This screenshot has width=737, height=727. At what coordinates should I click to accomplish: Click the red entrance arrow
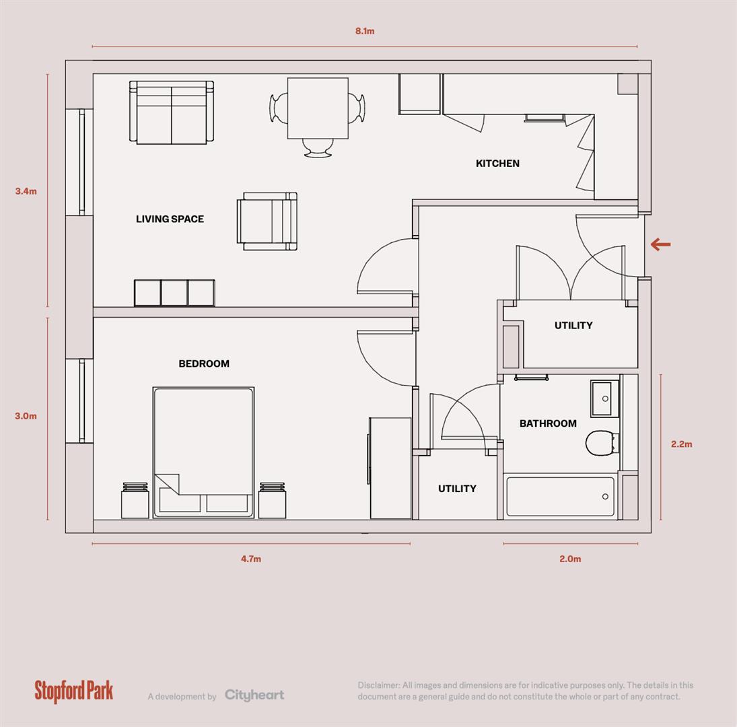(661, 244)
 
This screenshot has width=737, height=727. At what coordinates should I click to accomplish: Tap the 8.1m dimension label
(365, 31)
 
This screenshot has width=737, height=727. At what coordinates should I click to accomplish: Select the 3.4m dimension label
(26, 191)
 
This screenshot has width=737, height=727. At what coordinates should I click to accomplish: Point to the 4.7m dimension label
(251, 559)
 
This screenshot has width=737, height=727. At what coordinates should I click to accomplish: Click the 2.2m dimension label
(681, 444)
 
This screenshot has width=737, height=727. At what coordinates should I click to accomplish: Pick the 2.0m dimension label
(570, 559)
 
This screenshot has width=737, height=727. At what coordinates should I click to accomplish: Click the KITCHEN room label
(497, 164)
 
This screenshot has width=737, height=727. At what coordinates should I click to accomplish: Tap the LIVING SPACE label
(170, 219)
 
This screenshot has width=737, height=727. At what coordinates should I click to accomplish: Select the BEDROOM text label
(203, 363)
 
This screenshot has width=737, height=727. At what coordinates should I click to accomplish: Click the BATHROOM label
(548, 423)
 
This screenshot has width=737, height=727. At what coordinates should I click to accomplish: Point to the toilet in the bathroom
(600, 444)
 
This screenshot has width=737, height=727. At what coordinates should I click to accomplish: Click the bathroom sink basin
(604, 399)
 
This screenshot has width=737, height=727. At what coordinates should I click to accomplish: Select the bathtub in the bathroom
(560, 497)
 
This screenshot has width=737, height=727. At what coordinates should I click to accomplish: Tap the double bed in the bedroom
(203, 452)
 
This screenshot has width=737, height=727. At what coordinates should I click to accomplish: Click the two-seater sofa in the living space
(172, 112)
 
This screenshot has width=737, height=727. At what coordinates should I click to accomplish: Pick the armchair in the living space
(267, 221)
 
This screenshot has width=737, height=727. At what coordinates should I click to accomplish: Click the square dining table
(318, 108)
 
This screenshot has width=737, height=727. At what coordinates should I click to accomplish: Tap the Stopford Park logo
(74, 691)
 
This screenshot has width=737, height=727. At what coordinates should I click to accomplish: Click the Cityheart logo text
(254, 695)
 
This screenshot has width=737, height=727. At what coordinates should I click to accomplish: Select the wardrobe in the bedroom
(390, 468)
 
